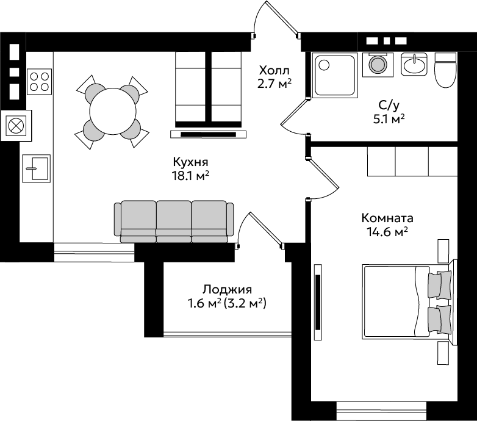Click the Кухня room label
pos(190,162)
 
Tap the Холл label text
pos(274,71)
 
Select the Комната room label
pos(387,218)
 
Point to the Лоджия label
pos(228,290)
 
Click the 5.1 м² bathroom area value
pos(389,119)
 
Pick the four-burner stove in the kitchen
pos(39,82)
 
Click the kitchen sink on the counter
pos(36,168)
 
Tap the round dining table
pos(113,111)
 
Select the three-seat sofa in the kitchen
pos(174,221)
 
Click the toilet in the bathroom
pos(445,70)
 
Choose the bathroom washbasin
pos(414,64)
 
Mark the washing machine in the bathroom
pos(378,65)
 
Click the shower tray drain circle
pos(324,65)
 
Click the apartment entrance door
pos(281,17)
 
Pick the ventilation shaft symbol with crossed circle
pos(16,126)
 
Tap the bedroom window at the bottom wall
pos(381,411)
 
